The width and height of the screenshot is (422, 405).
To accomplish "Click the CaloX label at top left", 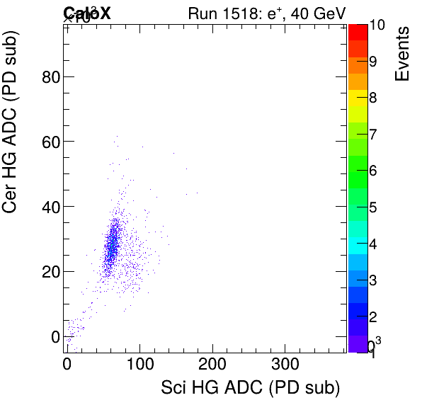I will [86, 13].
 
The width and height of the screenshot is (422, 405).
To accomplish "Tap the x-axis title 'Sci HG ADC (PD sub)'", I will [251, 388].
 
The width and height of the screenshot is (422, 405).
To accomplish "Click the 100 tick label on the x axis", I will [139, 363].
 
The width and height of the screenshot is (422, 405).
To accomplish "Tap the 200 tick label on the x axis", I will [212, 363].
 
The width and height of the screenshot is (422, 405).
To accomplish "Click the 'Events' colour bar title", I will [401, 53].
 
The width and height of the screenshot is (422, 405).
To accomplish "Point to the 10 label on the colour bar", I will [377, 25].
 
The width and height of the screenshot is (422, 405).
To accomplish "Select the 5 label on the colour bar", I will [373, 208].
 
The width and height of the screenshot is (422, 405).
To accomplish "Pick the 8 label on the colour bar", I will [373, 98].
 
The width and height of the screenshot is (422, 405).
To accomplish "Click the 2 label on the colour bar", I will [373, 316].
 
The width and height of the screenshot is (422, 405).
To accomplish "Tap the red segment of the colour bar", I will [358, 32].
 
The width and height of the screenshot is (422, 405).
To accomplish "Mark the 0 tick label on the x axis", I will [67, 363].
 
